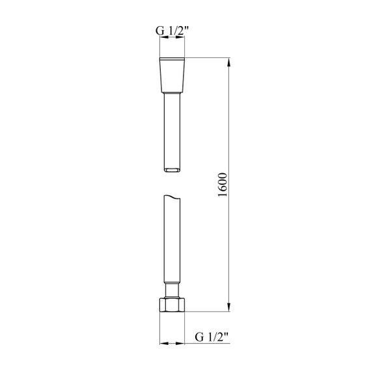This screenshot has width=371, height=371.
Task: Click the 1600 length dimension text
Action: point(223,185)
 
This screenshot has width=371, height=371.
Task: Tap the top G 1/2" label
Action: point(172,31)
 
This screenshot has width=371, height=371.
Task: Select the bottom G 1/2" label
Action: point(212,337)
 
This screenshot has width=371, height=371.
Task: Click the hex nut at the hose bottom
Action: point(172,305)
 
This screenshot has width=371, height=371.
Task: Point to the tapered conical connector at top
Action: point(172,76)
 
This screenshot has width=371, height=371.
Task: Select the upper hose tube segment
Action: point(172,132)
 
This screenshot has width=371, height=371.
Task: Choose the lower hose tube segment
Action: point(172,239)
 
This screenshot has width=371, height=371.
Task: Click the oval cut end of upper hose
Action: point(172,170)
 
